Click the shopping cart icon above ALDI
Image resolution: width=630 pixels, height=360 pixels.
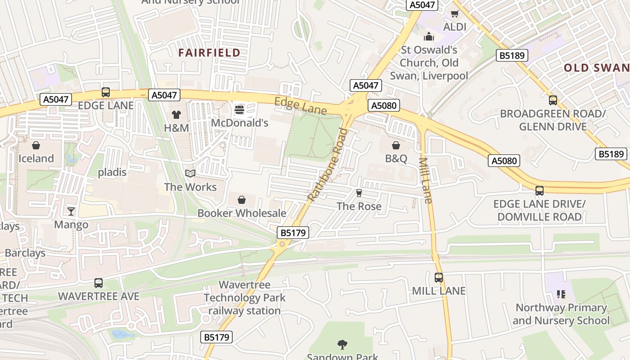455,13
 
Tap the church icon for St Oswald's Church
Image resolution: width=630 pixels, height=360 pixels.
429,36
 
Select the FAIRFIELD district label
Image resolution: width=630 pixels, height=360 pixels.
209,53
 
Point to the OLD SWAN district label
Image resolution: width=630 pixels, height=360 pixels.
597,68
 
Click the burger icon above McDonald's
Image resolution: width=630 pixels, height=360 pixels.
239,109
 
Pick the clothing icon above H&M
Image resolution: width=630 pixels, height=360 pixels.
176,115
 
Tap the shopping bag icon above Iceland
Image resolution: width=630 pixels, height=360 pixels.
36,145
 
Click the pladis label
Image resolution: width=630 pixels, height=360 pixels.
112,172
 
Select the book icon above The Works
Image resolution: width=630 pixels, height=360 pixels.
190,174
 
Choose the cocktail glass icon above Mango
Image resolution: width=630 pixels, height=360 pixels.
71,211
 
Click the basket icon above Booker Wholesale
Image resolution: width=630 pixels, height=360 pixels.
242,200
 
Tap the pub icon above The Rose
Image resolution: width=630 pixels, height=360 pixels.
359,193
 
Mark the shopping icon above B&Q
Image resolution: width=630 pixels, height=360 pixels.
396,145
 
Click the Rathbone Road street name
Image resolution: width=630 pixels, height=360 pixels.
328,164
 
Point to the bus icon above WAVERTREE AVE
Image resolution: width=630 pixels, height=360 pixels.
99,283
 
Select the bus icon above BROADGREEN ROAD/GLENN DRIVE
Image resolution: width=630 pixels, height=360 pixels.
553,100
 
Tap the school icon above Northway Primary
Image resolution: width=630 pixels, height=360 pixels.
561,294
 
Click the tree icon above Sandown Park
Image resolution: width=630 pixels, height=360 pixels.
342,345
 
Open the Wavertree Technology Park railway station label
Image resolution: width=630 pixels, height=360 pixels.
244,297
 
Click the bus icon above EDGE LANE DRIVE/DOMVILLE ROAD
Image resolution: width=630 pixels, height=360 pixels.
540,190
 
